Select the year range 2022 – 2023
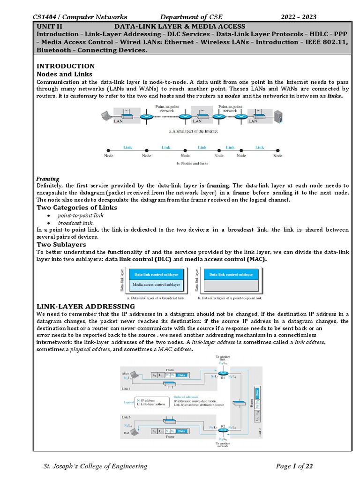point(298,17)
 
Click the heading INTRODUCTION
point(66,66)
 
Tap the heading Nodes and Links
point(64,74)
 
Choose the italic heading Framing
point(48,179)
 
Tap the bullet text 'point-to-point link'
point(80,215)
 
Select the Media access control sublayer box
point(156,285)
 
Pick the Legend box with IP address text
point(151,402)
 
